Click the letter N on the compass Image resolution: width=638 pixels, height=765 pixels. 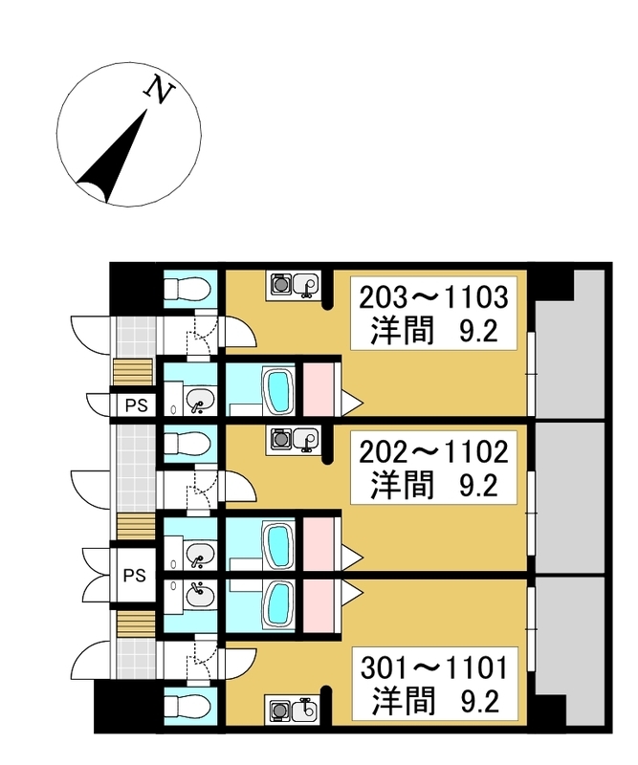(160, 89)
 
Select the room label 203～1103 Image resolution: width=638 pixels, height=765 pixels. (433, 297)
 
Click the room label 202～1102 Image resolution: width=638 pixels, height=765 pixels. (433, 451)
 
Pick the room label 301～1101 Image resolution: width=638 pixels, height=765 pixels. (434, 667)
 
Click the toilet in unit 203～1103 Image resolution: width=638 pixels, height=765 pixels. (187, 289)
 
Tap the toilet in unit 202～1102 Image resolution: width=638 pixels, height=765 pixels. (187, 444)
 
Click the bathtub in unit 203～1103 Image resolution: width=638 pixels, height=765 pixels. (278, 391)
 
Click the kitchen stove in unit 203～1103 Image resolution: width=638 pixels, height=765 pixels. (280, 284)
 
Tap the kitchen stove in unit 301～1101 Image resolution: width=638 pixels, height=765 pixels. (279, 711)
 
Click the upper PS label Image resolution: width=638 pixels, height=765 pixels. (136, 404)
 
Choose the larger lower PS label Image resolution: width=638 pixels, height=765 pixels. (134, 576)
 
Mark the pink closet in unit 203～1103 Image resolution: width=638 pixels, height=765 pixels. (319, 389)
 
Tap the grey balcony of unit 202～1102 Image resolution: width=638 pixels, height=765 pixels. (570, 497)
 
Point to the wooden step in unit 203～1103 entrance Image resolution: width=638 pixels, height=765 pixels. (133, 373)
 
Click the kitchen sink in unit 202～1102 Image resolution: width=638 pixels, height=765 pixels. (305, 439)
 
